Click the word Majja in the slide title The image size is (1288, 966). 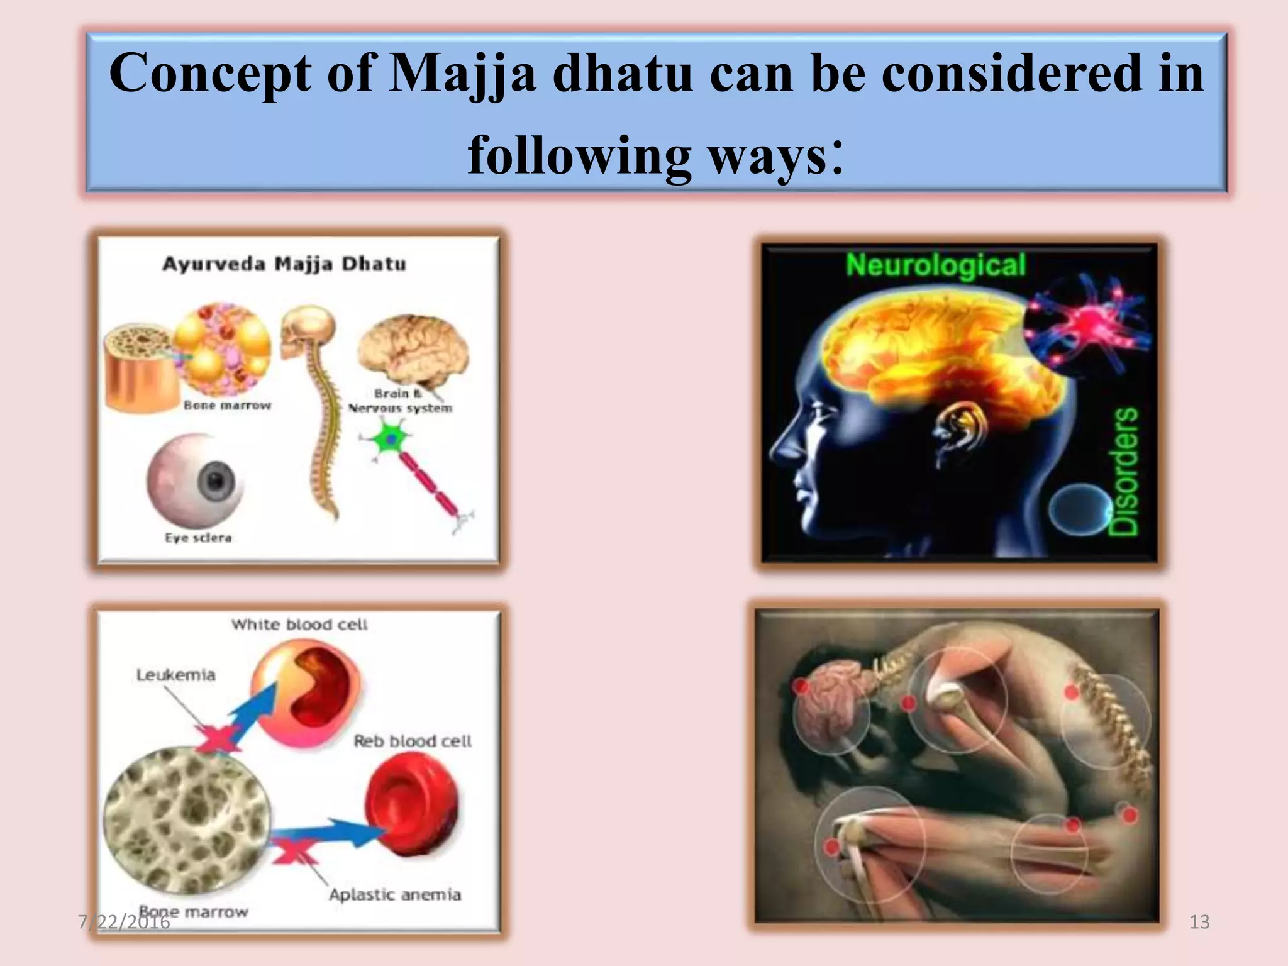click(x=462, y=74)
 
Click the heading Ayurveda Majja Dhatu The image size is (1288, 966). click(x=284, y=264)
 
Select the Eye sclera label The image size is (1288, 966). click(x=198, y=538)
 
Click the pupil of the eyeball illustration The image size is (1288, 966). click(x=216, y=482)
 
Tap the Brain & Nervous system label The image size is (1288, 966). click(x=401, y=401)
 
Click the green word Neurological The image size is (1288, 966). click(x=935, y=265)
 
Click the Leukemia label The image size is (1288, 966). click(x=176, y=675)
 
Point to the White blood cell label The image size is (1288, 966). click(x=299, y=625)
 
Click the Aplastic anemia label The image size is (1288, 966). click(x=395, y=894)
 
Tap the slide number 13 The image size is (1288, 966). click(x=1199, y=922)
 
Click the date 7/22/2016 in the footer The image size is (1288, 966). click(x=124, y=922)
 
